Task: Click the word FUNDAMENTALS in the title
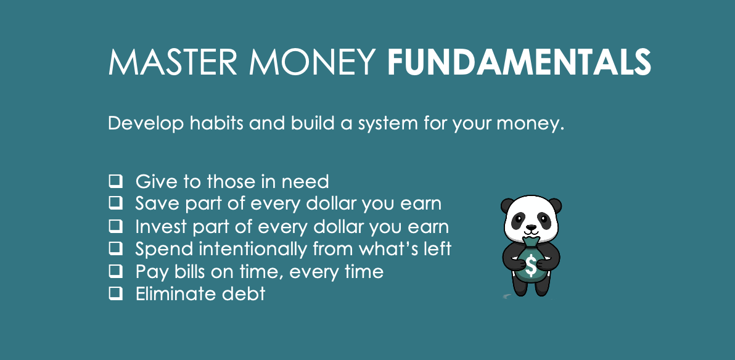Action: pos(519,62)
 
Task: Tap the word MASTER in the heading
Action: pos(173,62)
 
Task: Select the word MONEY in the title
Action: pos(312,62)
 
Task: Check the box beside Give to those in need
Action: pos(116,181)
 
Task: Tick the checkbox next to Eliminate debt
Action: pos(116,293)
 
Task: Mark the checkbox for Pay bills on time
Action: pos(116,271)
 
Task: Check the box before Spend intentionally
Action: pos(116,248)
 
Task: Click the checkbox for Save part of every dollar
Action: pos(116,203)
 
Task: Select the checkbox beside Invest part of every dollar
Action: pos(116,226)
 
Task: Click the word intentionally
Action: pos(253,249)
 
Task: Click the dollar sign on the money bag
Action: pos(531,266)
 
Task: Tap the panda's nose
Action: pos(531,227)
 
